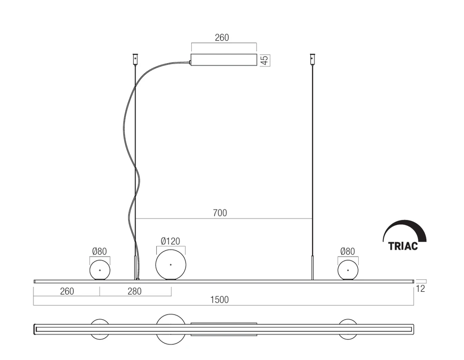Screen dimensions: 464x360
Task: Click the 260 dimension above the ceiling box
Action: (x=222, y=38)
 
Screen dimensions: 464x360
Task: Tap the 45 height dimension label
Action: (x=264, y=60)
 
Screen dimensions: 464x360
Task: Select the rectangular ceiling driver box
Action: (x=224, y=60)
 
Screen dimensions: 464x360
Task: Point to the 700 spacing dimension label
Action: (x=220, y=213)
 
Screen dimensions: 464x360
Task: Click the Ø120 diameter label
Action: (x=170, y=241)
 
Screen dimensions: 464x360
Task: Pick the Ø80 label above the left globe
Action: (x=99, y=251)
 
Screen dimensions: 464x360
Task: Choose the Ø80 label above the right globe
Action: (x=348, y=251)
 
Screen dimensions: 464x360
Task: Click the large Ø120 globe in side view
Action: (x=171, y=265)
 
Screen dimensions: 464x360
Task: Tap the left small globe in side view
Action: (x=100, y=270)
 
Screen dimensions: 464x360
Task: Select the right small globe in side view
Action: (x=348, y=270)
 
